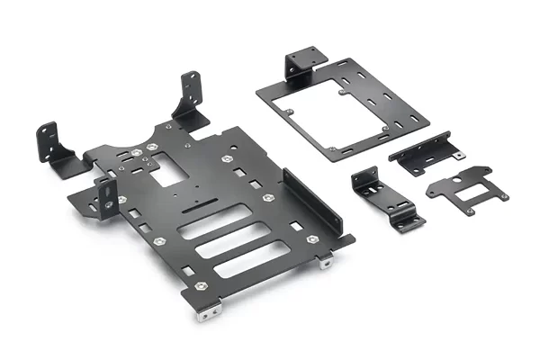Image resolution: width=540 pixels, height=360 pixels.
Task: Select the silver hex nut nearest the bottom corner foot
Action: click(200, 286)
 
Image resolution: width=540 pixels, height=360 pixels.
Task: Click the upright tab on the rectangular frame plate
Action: click(302, 64)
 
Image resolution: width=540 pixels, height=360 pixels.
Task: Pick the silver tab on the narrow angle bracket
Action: click(459, 154)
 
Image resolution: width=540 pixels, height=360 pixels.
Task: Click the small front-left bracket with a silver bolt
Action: click(106, 194)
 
